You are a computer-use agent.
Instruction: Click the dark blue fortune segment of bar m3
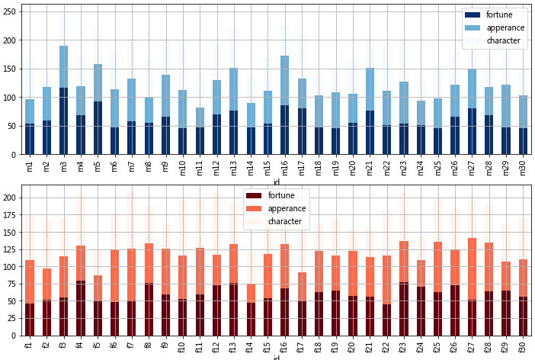pyautogui.click(x=64, y=122)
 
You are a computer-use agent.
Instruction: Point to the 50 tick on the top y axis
pyautogui.click(x=14, y=126)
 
